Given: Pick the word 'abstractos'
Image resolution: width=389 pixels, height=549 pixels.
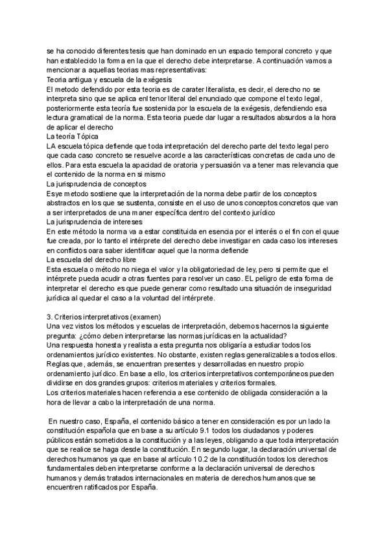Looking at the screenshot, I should (67, 203).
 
